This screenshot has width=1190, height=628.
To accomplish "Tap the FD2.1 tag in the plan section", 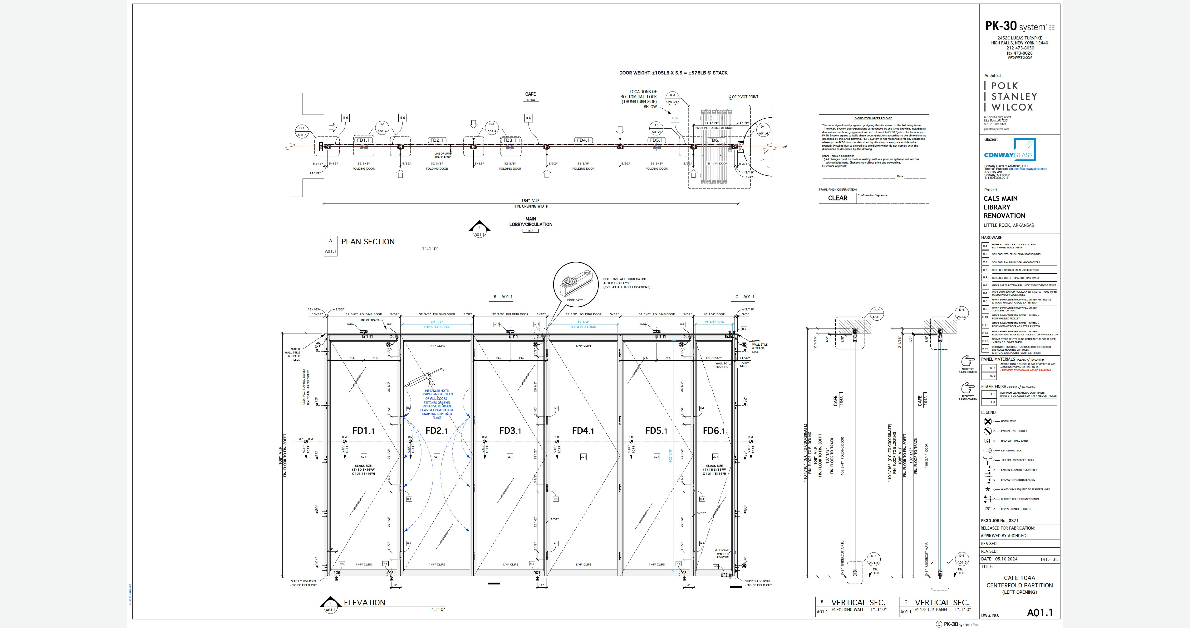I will click(x=437, y=140).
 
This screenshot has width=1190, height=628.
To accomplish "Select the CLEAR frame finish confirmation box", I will click(x=837, y=198).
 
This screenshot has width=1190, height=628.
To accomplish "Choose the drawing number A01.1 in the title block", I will click(x=1039, y=613).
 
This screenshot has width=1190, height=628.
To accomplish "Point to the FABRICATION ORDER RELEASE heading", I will click(x=873, y=118).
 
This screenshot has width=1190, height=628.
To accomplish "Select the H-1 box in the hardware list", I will click(x=985, y=246).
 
